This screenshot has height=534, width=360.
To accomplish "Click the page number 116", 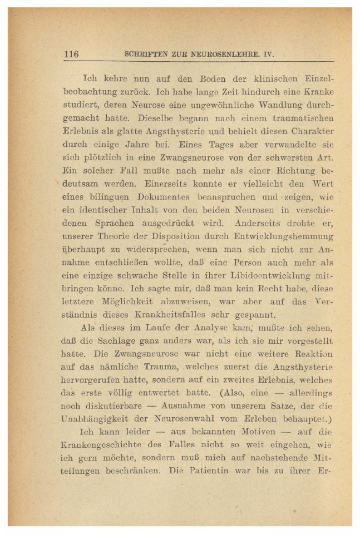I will point(72,55).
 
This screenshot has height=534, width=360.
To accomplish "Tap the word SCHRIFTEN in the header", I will point(145,55).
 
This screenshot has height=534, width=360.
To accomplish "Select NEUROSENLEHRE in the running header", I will point(239,55).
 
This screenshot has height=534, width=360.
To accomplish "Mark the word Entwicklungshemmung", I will point(282,234).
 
